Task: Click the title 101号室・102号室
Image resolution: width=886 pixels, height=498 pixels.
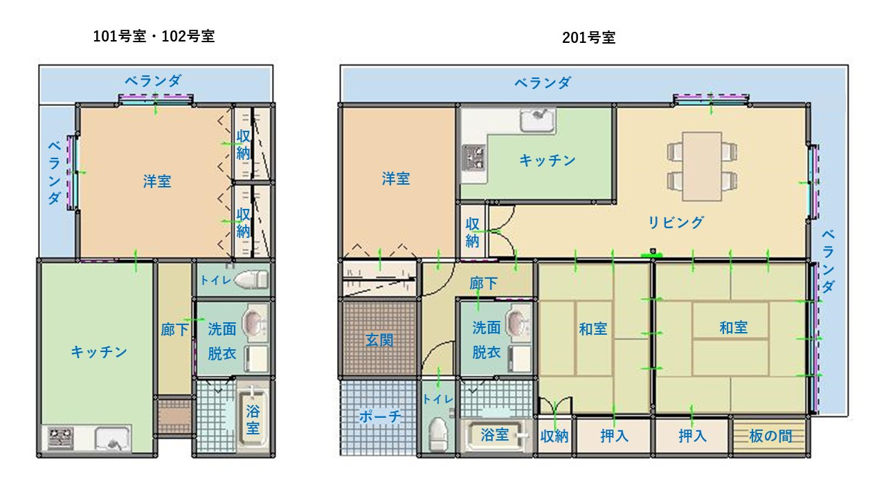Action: (154, 37)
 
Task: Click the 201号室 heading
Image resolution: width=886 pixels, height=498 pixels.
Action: (588, 37)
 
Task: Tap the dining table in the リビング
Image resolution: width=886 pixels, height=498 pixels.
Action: (702, 167)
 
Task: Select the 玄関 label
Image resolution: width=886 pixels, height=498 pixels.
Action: (379, 340)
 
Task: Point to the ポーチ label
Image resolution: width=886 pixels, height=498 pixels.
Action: (380, 416)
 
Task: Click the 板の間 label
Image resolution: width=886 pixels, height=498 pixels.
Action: (770, 436)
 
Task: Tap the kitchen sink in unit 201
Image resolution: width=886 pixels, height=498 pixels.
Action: (538, 120)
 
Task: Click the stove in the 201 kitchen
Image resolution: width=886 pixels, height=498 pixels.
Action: (474, 158)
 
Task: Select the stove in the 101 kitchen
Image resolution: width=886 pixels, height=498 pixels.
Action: (60, 439)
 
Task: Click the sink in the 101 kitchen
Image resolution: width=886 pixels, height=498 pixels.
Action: (112, 439)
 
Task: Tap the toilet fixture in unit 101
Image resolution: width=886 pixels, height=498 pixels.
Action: (251, 279)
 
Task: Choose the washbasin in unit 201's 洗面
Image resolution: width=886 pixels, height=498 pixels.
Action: (516, 323)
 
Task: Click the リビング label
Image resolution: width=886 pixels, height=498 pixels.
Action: (676, 223)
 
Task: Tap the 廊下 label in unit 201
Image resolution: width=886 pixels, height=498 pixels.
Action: (483, 283)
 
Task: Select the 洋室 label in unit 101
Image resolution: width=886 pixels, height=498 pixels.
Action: (157, 181)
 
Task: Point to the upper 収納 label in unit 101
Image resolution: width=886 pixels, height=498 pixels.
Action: (243, 145)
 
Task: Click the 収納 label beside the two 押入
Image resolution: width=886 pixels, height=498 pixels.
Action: (554, 436)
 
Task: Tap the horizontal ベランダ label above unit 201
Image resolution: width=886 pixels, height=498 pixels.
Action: (543, 82)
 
